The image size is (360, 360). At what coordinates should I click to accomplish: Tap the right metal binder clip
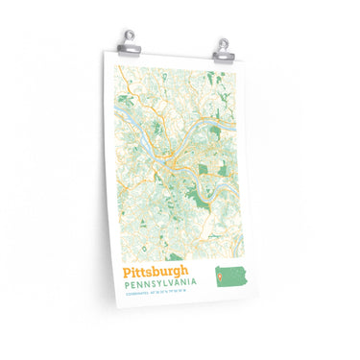coord(223,42)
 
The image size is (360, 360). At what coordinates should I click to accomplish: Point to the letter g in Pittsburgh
coord(180,276)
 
